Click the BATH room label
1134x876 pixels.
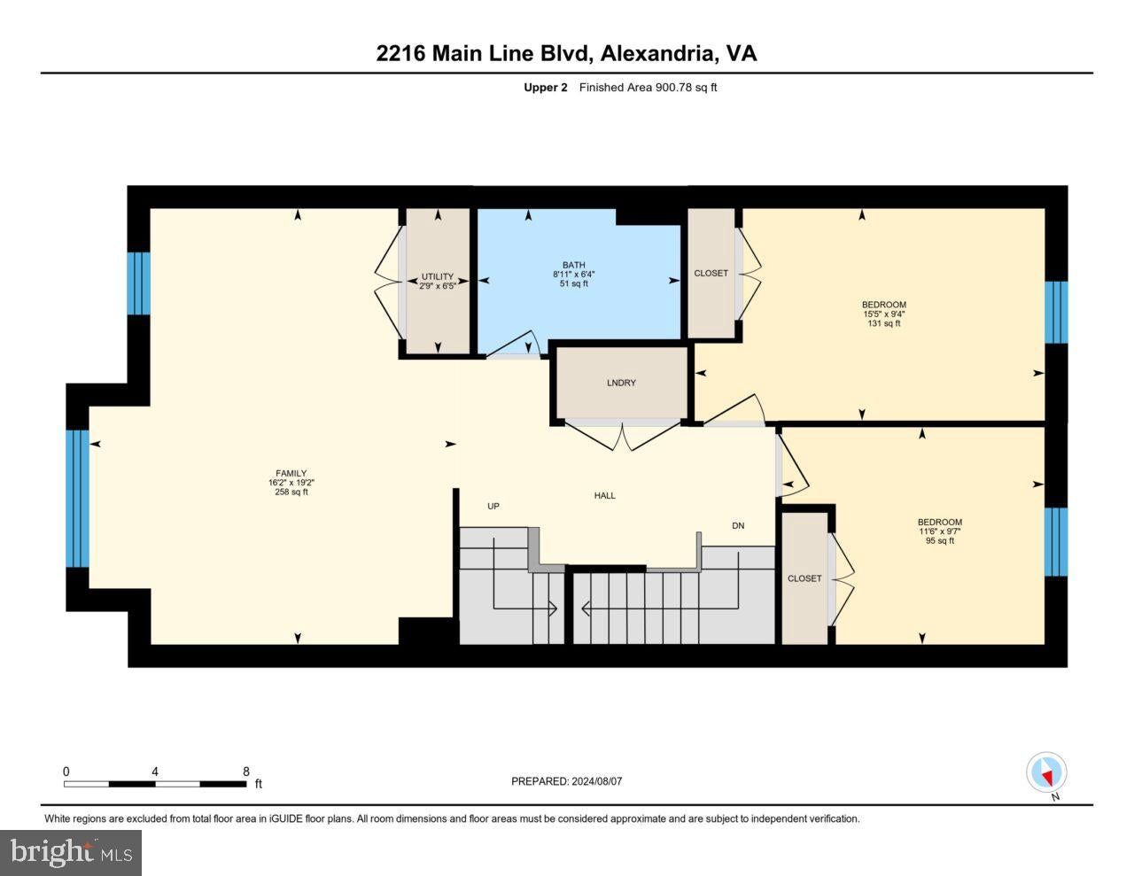pos(573,265)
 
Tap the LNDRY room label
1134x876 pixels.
pos(621,383)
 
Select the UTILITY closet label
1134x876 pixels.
pos(438,276)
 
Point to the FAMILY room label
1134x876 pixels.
pos(291,473)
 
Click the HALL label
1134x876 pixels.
pos(605,496)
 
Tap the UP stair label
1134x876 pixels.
pos(493,506)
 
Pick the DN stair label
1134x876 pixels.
pos(738,526)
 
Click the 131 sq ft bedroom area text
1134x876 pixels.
pos(883,323)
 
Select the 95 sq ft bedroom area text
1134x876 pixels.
pos(940,541)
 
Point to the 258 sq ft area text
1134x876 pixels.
pos(291,492)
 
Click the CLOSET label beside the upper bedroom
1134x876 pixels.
pos(711,273)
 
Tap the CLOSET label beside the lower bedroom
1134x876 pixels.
pos(804,578)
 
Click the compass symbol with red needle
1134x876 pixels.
pos(1046,772)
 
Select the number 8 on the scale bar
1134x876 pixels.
pos(246,771)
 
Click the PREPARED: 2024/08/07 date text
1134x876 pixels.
pos(567,781)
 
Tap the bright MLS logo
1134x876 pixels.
pos(71,852)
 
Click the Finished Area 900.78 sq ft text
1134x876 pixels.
pos(649,87)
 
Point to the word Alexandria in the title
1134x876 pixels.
pos(657,53)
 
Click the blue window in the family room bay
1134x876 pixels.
pos(77,499)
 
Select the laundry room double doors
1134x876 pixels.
pos(623,435)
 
